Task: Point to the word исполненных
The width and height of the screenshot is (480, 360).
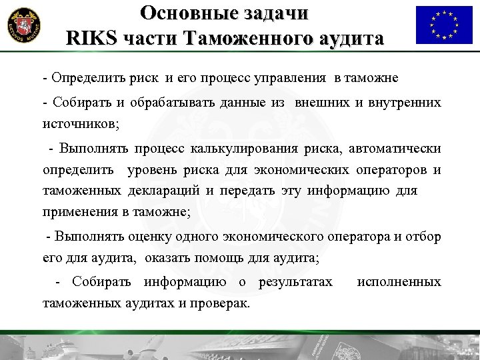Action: pos(399,281)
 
